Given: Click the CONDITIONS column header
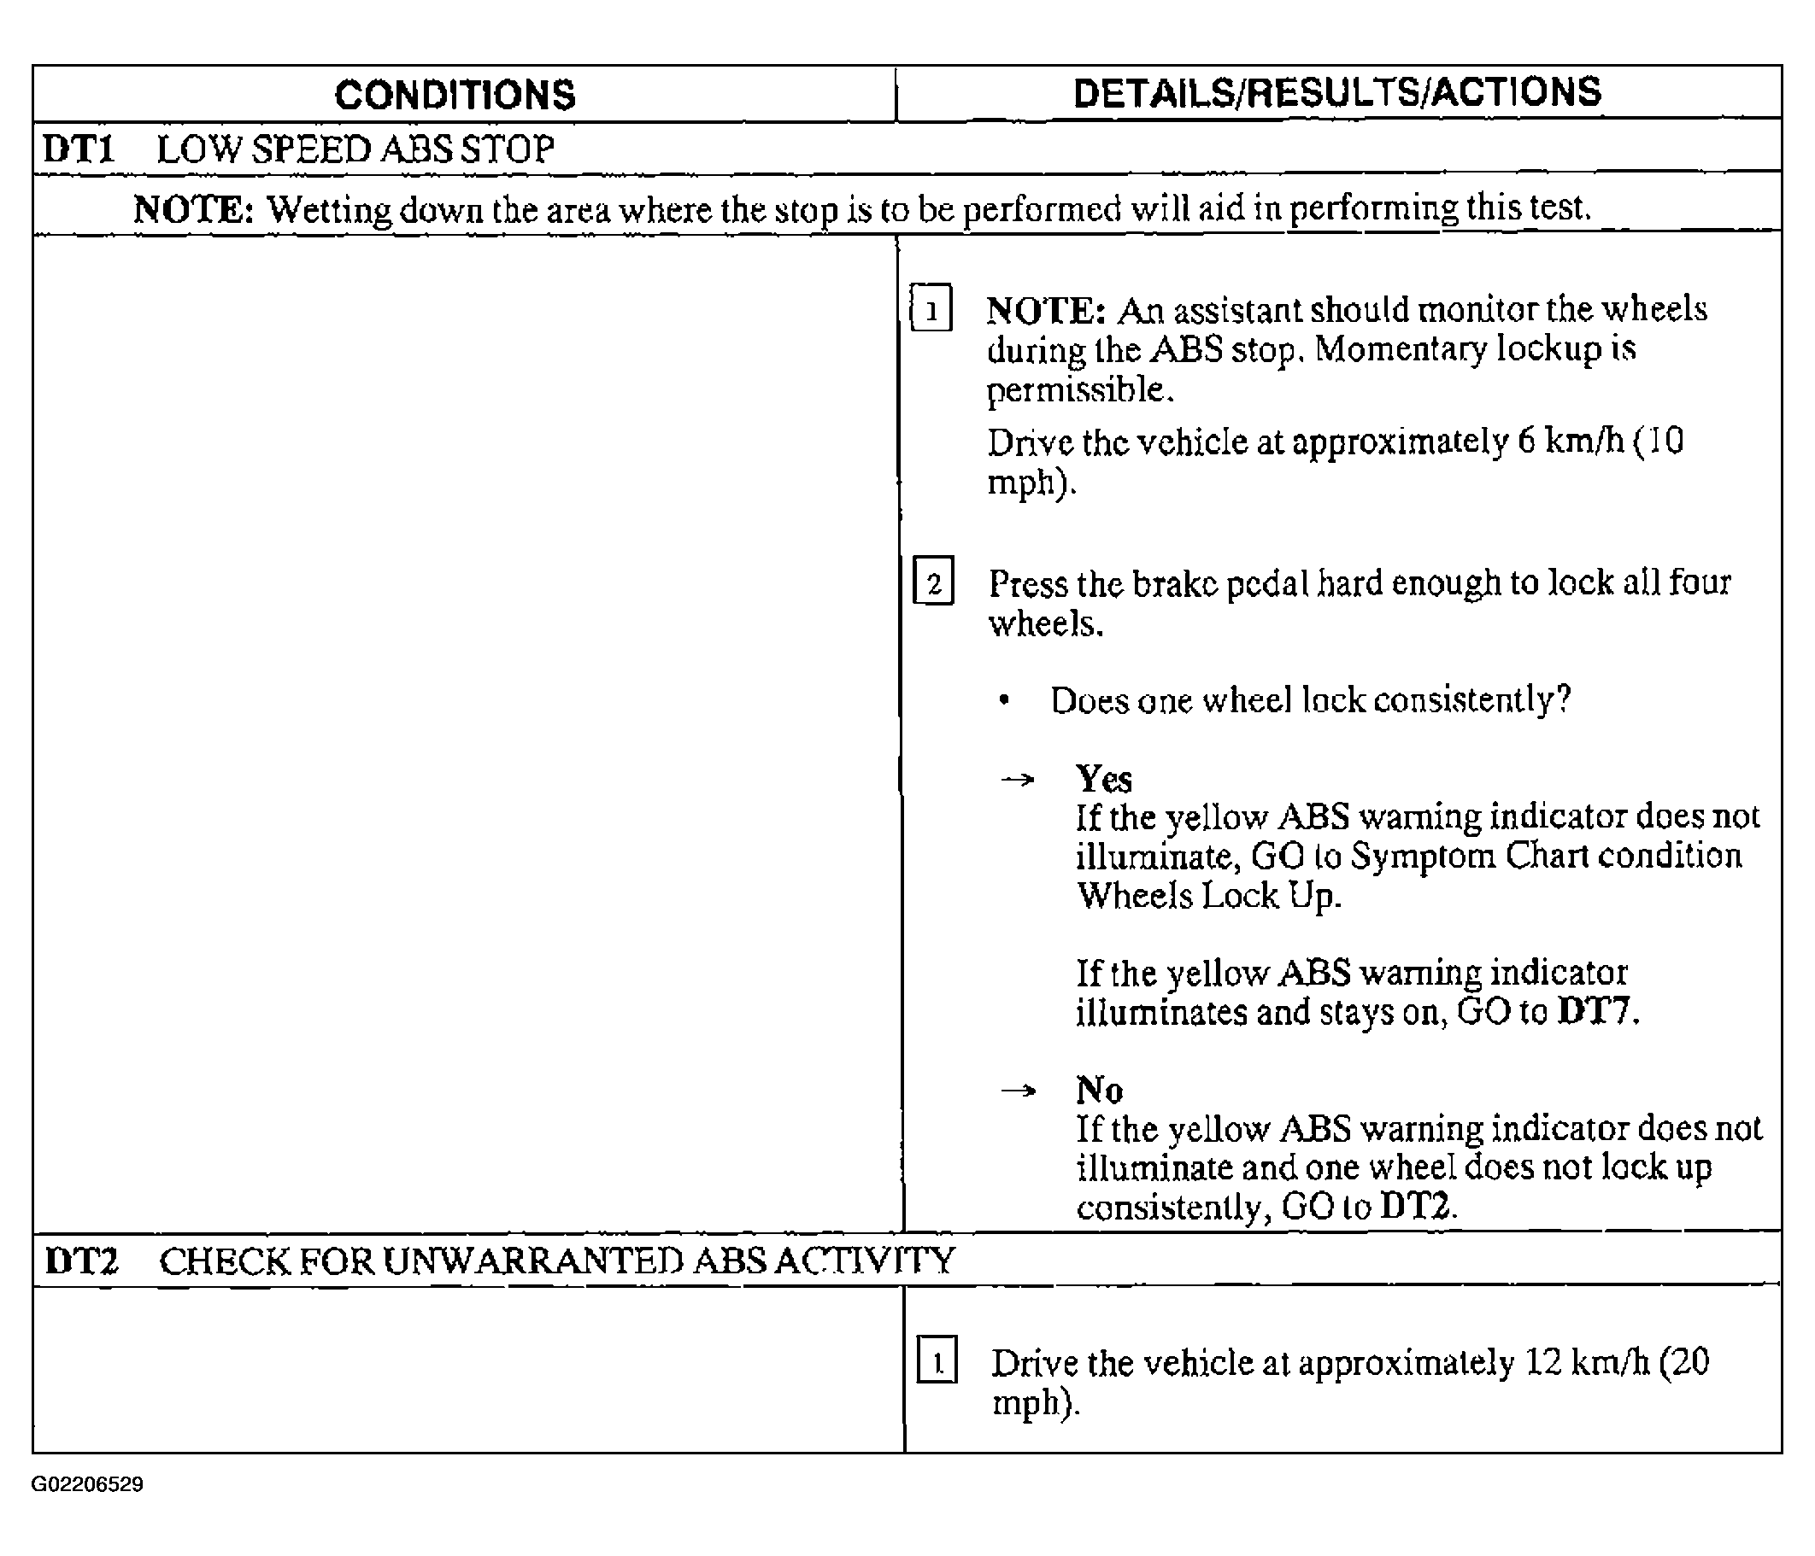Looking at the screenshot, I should [455, 96].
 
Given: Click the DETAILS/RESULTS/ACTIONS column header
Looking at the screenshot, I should [1336, 93].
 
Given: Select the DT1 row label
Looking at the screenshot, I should [79, 149].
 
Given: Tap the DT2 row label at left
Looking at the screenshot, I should [80, 1261].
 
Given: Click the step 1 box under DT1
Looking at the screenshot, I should [931, 308].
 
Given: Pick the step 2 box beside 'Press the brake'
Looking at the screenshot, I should [933, 582].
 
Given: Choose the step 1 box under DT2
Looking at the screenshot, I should [937, 1360].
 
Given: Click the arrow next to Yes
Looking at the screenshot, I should [1017, 779].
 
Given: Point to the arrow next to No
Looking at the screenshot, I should [1018, 1091].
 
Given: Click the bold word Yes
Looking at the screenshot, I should [1104, 779].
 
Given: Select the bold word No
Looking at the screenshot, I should [1099, 1091].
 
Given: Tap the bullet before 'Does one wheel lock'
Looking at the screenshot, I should [1005, 699].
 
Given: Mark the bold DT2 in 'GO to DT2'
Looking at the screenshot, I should [1416, 1208].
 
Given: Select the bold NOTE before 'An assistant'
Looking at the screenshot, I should [1046, 310].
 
